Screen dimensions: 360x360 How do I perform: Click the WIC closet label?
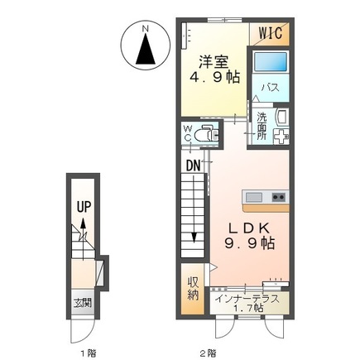pos(270,33)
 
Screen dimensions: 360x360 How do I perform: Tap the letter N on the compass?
pos(146,28)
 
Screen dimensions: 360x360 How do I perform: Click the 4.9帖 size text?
pos(214,77)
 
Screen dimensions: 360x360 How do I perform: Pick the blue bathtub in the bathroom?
pos(271,61)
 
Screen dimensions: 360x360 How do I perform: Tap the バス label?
pos(271,88)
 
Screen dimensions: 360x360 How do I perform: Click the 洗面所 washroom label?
pos(262,126)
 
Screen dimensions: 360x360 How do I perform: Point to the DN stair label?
pos(193,166)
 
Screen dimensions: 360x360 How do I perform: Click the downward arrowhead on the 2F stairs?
pos(194,238)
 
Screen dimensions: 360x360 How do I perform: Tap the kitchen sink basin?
pos(254,197)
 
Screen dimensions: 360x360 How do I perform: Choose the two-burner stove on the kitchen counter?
pos(279,197)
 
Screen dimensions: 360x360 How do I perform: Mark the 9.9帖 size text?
pos(250,243)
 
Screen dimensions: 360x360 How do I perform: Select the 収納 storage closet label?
pos(193,288)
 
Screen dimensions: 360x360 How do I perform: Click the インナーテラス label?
pos(247,299)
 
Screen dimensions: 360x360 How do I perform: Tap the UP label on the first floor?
pos(84,206)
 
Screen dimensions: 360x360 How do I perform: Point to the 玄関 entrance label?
pos(83,304)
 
